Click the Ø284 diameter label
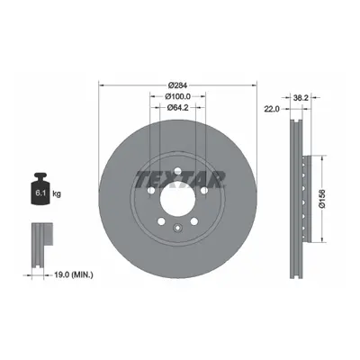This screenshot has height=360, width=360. pyautogui.click(x=177, y=85)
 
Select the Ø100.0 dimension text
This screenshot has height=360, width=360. pyautogui.click(x=177, y=96)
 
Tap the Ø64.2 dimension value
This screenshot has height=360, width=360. pyautogui.click(x=177, y=107)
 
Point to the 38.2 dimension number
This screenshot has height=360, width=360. pyautogui.click(x=301, y=97)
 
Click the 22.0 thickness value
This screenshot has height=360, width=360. pyautogui.click(x=272, y=109)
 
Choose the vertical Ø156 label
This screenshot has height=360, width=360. pyautogui.click(x=322, y=198)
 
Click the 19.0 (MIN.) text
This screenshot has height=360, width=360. pyautogui.click(x=74, y=274)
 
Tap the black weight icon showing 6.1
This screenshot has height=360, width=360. pyautogui.click(x=40, y=189)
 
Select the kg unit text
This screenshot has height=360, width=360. pyautogui.click(x=57, y=194)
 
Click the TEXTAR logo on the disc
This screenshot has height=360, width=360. pyautogui.click(x=180, y=179)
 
